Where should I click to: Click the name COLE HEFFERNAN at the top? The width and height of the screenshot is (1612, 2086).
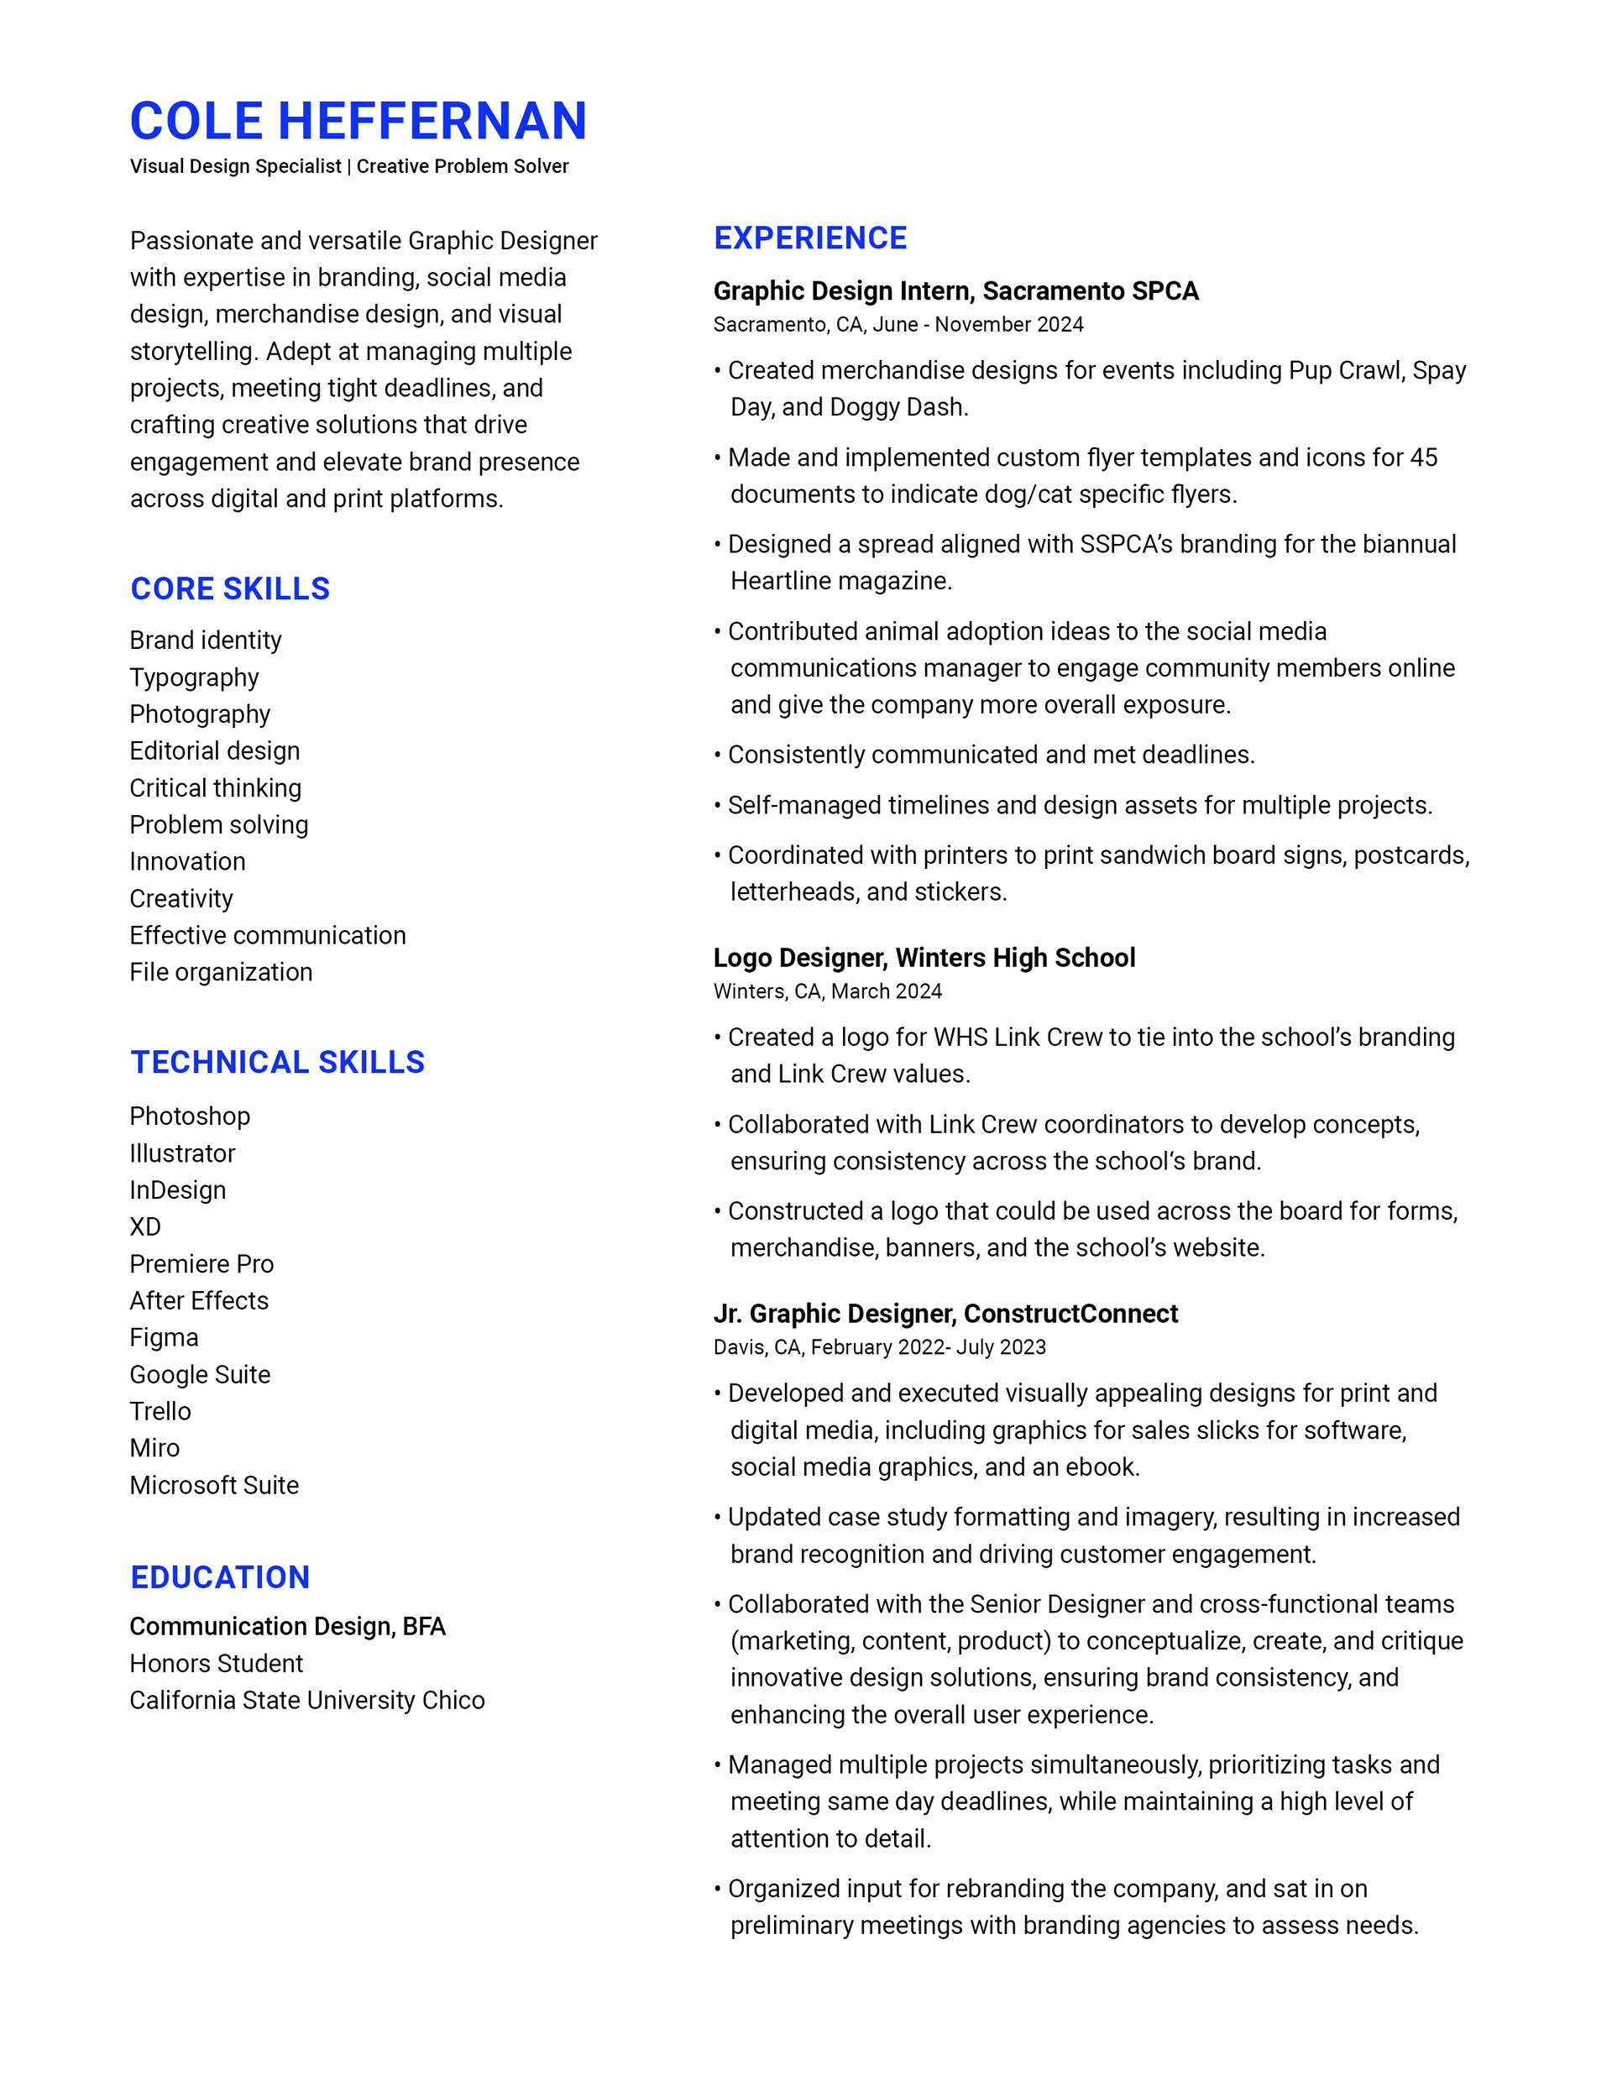[359, 122]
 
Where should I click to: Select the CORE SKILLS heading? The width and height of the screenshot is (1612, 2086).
[230, 588]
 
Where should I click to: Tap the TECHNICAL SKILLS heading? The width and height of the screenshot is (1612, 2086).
[277, 1062]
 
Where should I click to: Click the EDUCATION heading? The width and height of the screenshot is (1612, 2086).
[220, 1577]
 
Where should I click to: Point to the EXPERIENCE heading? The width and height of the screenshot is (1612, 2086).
[810, 238]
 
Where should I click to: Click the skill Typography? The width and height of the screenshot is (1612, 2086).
[194, 677]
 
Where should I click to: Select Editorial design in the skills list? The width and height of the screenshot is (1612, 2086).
[215, 750]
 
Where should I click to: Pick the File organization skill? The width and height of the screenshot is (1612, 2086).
[221, 972]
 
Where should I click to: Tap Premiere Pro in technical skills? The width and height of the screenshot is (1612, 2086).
[201, 1263]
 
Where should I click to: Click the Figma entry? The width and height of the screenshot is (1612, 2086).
[165, 1337]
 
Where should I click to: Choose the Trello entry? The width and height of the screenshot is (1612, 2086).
[160, 1411]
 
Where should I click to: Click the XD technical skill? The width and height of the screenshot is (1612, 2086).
[145, 1226]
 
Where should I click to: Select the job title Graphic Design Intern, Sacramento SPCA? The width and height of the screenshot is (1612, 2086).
[955, 290]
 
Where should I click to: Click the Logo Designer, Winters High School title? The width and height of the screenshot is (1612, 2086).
[924, 957]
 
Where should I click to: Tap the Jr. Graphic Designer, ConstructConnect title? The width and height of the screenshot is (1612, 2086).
[945, 1314]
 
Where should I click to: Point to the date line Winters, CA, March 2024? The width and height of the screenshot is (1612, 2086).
[828, 991]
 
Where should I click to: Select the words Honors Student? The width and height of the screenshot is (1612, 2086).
[216, 1663]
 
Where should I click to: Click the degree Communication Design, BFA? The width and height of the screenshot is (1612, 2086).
[288, 1626]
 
